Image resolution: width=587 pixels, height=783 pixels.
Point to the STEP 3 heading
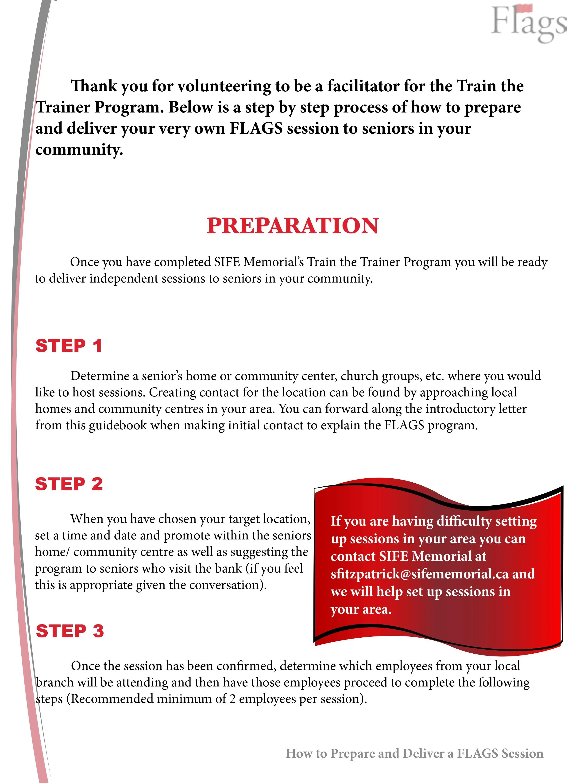[70, 631]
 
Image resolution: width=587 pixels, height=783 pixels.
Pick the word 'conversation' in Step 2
[228, 585]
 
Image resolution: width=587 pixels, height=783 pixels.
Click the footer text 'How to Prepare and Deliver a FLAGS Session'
[414, 753]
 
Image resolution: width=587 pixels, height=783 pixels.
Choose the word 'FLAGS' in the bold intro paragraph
[256, 128]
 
